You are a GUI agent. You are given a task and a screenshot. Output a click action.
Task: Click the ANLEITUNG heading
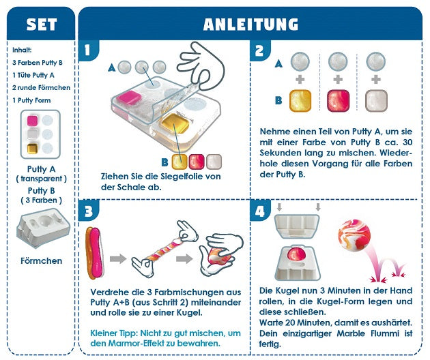pyautogui.click(x=250, y=25)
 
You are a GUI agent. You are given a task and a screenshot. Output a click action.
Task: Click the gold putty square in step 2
pyautogui.click(x=301, y=100)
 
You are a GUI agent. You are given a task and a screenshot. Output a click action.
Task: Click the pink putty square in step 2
pyautogui.click(x=338, y=100)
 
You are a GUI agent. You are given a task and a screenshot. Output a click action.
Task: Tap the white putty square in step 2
pyautogui.click(x=375, y=100)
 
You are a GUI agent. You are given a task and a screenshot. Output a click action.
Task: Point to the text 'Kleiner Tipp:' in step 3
pyautogui.click(x=113, y=333)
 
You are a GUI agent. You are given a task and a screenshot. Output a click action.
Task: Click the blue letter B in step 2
pyautogui.click(x=278, y=100)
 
